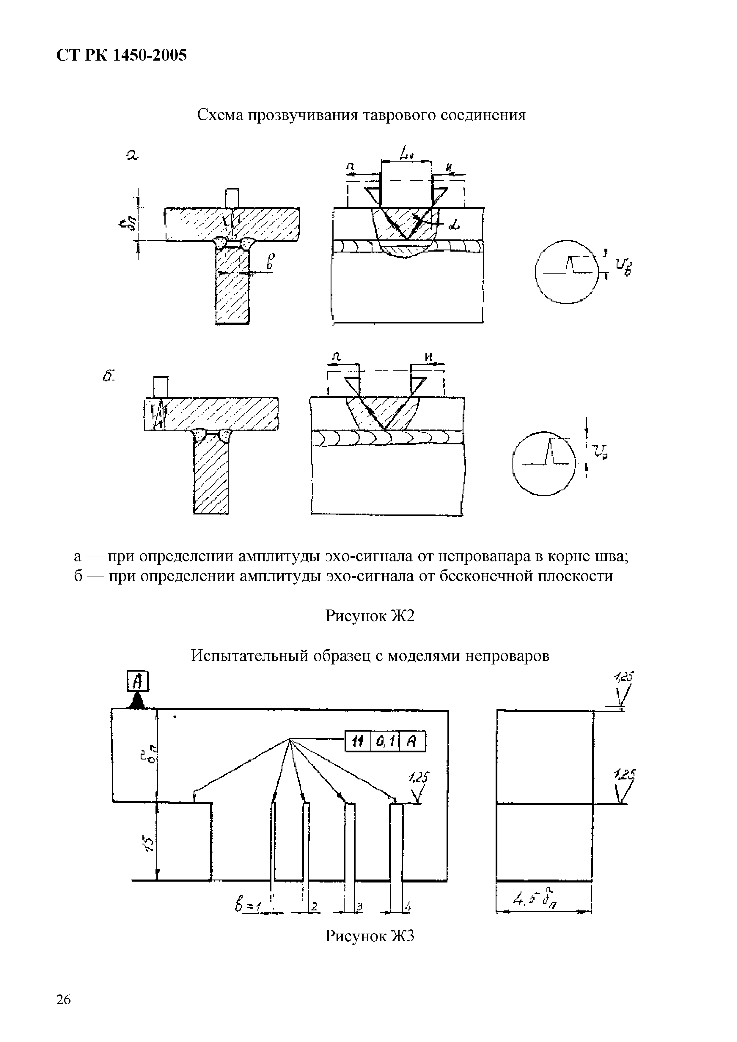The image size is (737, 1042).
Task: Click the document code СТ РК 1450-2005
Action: pos(121,55)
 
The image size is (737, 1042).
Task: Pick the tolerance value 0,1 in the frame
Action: pos(385,742)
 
